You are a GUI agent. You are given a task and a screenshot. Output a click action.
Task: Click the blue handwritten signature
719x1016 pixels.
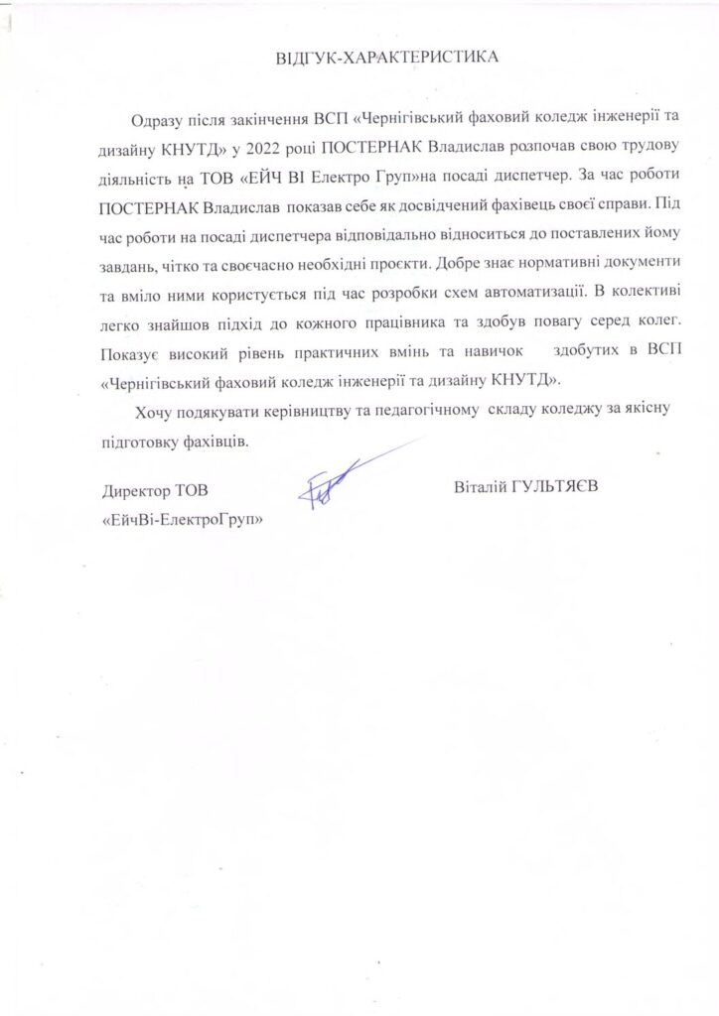(328, 486)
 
